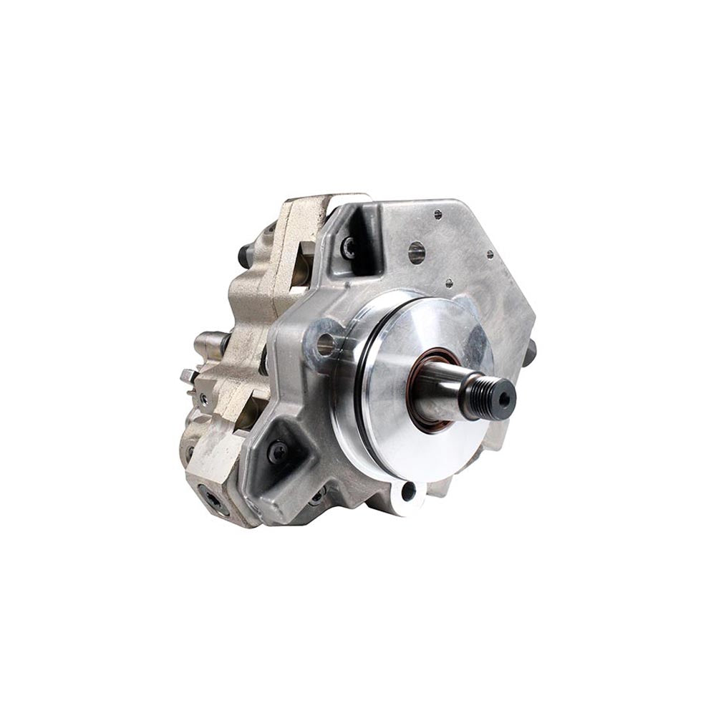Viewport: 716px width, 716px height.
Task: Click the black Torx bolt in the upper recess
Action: coord(349,248)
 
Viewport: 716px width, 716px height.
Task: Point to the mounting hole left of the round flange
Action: coord(326,344)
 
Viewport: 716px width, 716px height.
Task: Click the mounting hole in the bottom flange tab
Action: coord(408,492)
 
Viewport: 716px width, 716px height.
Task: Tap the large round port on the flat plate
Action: coord(417,251)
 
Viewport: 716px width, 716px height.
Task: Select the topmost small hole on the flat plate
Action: coord(437,214)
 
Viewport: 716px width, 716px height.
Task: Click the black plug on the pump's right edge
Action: coord(531,352)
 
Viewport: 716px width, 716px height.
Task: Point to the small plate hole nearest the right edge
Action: coord(490,253)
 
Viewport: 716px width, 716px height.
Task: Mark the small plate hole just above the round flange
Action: coord(448,282)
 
